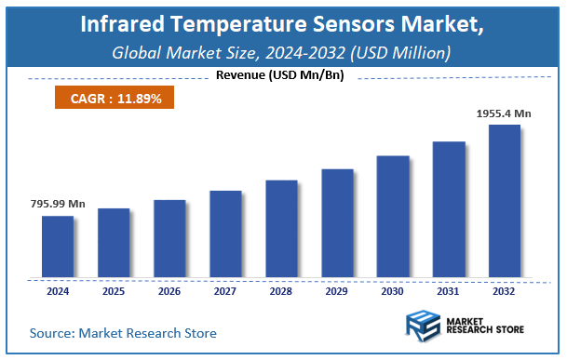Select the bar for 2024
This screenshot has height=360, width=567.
pyautogui.click(x=57, y=247)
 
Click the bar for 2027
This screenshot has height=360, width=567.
pyautogui.click(x=225, y=233)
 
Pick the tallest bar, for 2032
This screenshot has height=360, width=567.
pyautogui.click(x=505, y=201)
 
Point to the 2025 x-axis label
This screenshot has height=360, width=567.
pyautogui.click(x=114, y=291)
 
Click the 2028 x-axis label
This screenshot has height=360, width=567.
pyautogui.click(x=281, y=291)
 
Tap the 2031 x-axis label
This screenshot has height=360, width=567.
pyautogui.click(x=449, y=291)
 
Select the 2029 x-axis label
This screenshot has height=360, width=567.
pyautogui.click(x=337, y=291)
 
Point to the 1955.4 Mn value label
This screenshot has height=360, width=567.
pyautogui.click(x=505, y=113)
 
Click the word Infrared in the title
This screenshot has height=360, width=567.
pyautogui.click(x=121, y=23)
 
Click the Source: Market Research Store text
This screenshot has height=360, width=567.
pyautogui.click(x=123, y=332)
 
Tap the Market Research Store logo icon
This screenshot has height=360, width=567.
pyautogui.click(x=423, y=327)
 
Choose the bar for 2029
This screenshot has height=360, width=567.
pyautogui.click(x=337, y=223)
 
